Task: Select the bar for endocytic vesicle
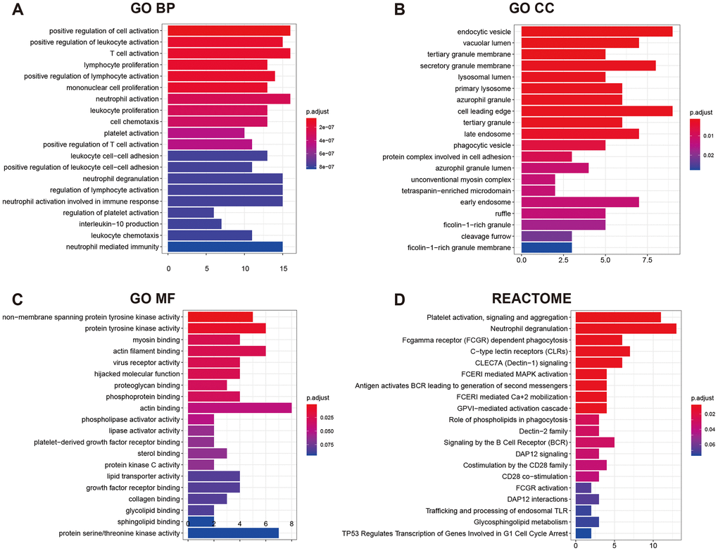pos(597,31)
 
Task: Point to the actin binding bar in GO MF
pos(239,408)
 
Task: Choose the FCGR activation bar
pos(584,488)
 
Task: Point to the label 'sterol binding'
pos(159,454)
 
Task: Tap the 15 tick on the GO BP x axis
pos(282,268)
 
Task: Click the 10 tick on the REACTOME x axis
pos(653,544)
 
